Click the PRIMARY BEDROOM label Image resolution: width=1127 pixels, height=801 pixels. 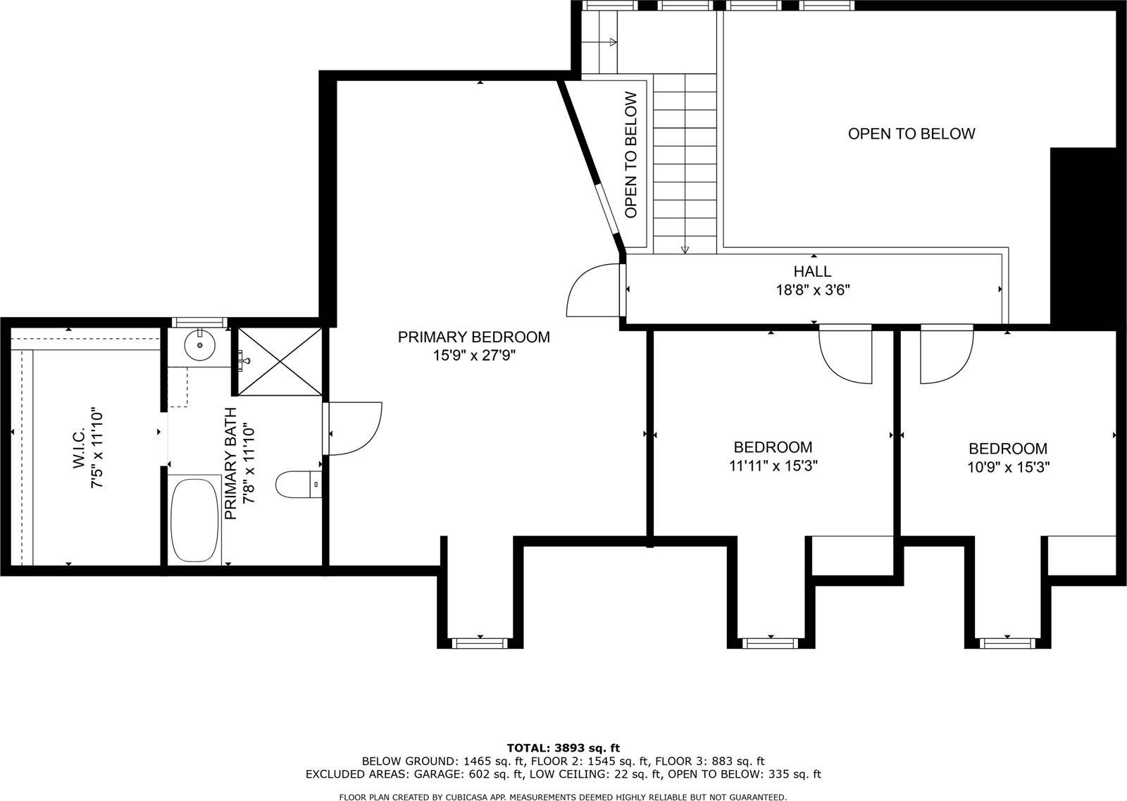[x=473, y=337]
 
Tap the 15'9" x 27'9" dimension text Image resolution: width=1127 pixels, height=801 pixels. [x=473, y=356]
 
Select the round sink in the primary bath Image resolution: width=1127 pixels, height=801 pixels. [x=199, y=345]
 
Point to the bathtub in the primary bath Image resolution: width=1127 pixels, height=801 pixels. [x=194, y=521]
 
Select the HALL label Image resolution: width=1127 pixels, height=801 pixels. [x=812, y=271]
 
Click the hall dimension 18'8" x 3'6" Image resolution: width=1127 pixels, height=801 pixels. [x=812, y=290]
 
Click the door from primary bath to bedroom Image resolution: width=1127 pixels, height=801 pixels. [x=354, y=428]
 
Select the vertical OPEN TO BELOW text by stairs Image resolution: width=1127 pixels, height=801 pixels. [x=630, y=156]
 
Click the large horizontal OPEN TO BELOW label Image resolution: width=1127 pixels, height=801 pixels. [x=911, y=134]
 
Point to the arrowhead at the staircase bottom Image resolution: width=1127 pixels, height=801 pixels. [x=685, y=249]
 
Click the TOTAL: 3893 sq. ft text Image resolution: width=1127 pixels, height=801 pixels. [x=563, y=747]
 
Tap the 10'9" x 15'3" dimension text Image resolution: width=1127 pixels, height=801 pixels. [x=1008, y=467]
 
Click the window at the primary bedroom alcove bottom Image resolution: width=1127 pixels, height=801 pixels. [x=479, y=642]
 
